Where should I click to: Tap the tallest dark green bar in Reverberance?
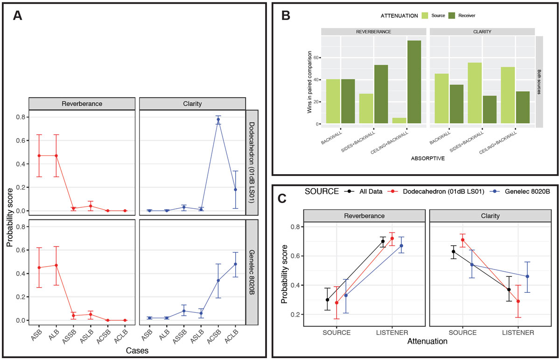[413, 82]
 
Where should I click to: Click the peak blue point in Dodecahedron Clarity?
[218, 120]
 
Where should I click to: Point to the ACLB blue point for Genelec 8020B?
[235, 264]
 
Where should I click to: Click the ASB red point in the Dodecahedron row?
[39, 155]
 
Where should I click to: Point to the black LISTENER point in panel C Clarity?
[509, 289]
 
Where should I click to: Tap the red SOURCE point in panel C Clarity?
[462, 240]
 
